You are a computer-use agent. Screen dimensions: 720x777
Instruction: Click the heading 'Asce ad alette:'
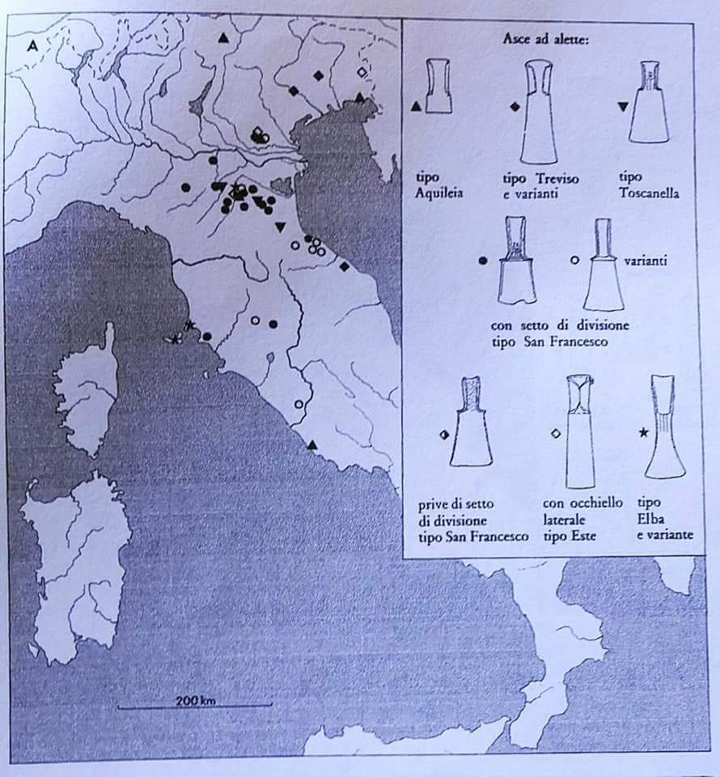(x=546, y=39)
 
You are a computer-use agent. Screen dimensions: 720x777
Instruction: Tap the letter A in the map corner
(x=32, y=46)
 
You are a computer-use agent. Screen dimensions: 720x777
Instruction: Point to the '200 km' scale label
(x=196, y=701)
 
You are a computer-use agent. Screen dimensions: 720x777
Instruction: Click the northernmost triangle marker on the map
(x=224, y=37)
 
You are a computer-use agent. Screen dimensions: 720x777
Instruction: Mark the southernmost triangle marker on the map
(x=311, y=445)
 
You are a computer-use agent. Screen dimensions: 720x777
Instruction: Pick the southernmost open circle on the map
(x=299, y=405)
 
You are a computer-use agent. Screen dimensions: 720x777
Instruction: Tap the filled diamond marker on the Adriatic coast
(x=345, y=266)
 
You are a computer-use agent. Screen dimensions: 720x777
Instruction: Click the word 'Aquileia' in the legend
(x=439, y=193)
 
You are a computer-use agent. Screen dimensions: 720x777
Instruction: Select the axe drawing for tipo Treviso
(x=537, y=112)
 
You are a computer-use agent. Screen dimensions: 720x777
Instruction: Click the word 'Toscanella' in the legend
(x=649, y=193)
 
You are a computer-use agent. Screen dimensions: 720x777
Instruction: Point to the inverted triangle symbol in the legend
(x=624, y=107)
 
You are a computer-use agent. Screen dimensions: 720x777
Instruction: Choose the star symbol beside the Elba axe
(x=643, y=433)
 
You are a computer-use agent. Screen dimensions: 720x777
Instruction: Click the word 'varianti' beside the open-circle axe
(x=646, y=261)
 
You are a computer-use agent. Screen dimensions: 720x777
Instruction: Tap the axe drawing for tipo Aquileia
(x=439, y=87)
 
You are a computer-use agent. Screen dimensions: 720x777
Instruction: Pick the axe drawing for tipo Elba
(x=665, y=427)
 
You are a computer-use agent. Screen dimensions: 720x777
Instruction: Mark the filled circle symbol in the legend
(x=483, y=261)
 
